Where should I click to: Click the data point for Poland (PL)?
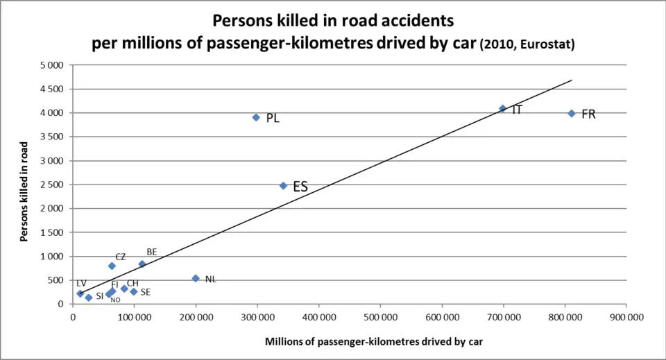pos(256,117)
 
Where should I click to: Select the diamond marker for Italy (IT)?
pos(502,108)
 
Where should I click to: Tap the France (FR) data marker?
pos(572,113)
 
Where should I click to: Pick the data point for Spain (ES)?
pos(283,185)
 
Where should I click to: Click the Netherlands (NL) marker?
pos(196,278)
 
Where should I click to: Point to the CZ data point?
pos(112,266)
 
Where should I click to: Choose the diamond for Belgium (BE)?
pos(142,264)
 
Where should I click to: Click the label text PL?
pos(273,119)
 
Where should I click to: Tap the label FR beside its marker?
pos(588,114)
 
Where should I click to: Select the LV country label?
pos(81,283)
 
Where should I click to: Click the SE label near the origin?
pos(145,293)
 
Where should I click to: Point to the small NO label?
pos(115,300)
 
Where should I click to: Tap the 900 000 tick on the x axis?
pos(626,317)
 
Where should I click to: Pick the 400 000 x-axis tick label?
pos(318,317)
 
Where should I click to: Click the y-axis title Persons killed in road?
pos(24,191)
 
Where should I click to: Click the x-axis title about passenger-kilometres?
pos(373,341)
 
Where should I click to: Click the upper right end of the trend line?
pos(572,80)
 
